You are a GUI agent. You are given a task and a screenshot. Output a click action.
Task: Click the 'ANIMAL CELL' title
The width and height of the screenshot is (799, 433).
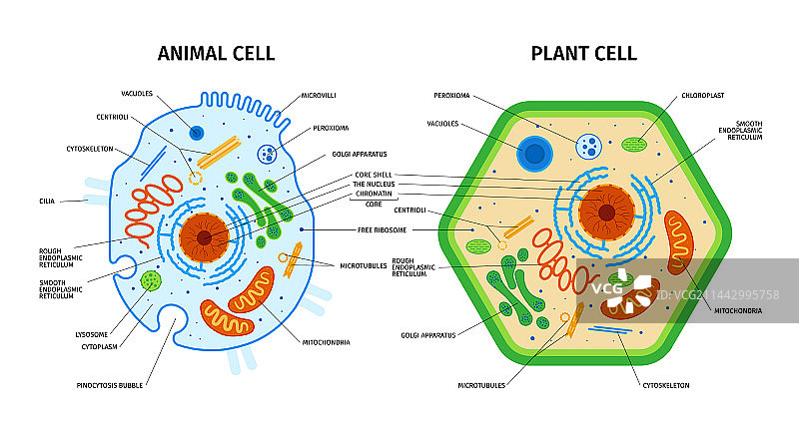click(216, 53)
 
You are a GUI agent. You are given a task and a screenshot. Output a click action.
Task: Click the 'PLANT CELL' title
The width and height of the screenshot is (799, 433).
click(583, 53)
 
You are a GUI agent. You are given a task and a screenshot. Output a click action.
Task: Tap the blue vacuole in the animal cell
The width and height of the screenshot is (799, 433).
click(197, 134)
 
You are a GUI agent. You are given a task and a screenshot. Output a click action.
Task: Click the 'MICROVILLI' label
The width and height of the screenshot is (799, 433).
click(321, 94)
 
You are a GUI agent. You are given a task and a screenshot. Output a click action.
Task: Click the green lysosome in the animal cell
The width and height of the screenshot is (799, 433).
click(151, 280)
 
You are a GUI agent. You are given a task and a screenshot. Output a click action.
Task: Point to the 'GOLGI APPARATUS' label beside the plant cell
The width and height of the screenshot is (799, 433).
click(427, 335)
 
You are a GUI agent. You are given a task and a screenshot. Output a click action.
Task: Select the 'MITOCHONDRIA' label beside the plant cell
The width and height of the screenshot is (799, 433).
click(738, 310)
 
